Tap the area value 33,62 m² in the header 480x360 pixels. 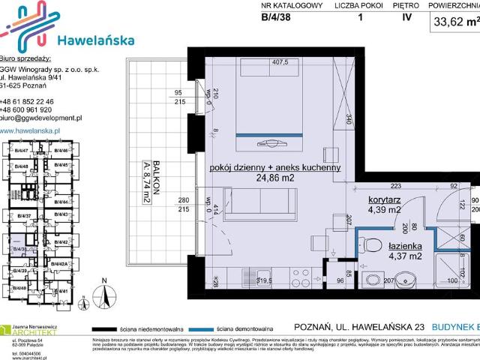454,22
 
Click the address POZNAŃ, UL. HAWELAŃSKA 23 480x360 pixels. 361,328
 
